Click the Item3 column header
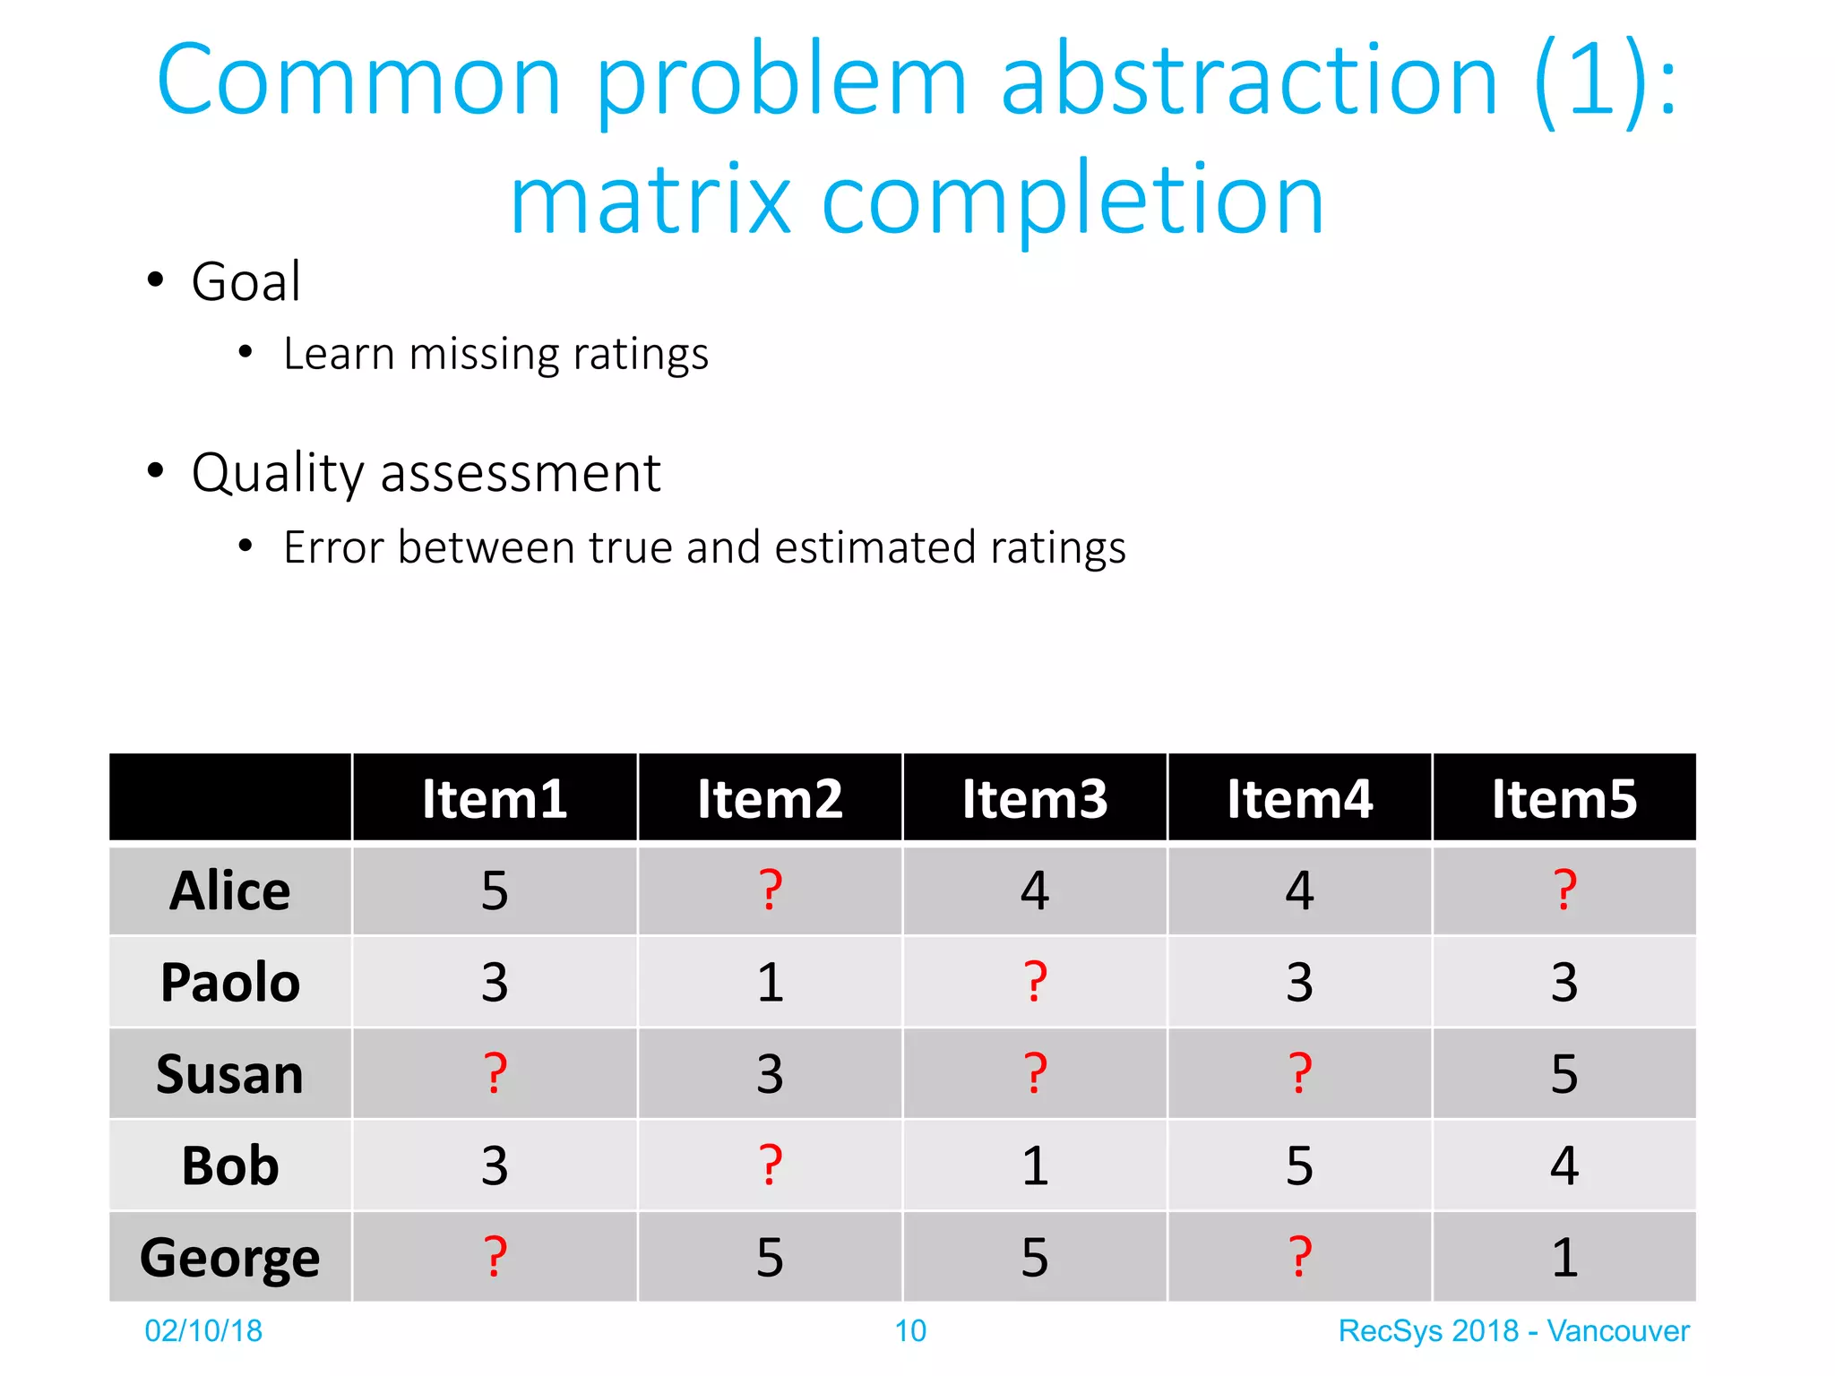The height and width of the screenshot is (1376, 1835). [1034, 798]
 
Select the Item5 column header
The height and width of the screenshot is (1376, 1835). [1564, 798]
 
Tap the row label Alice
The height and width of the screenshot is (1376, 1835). [230, 890]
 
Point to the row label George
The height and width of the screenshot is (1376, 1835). [230, 1257]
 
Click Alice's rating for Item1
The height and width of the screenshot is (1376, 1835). [495, 890]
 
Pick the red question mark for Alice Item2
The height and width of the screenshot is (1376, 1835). [770, 890]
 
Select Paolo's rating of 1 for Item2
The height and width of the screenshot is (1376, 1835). [770, 983]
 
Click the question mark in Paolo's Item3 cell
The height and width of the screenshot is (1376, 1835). [1035, 983]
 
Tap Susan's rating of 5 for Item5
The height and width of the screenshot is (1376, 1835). [1564, 1074]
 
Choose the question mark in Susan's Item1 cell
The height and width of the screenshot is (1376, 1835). [495, 1074]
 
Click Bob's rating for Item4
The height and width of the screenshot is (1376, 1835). [1299, 1165]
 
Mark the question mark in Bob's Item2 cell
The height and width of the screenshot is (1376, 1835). [770, 1165]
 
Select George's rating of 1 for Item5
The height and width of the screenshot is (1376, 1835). [1564, 1257]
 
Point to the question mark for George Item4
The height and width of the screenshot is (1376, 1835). [1299, 1257]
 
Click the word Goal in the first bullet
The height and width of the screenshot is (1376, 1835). [246, 282]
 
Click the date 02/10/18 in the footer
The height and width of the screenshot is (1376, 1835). [203, 1331]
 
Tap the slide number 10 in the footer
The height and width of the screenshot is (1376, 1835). [910, 1331]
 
